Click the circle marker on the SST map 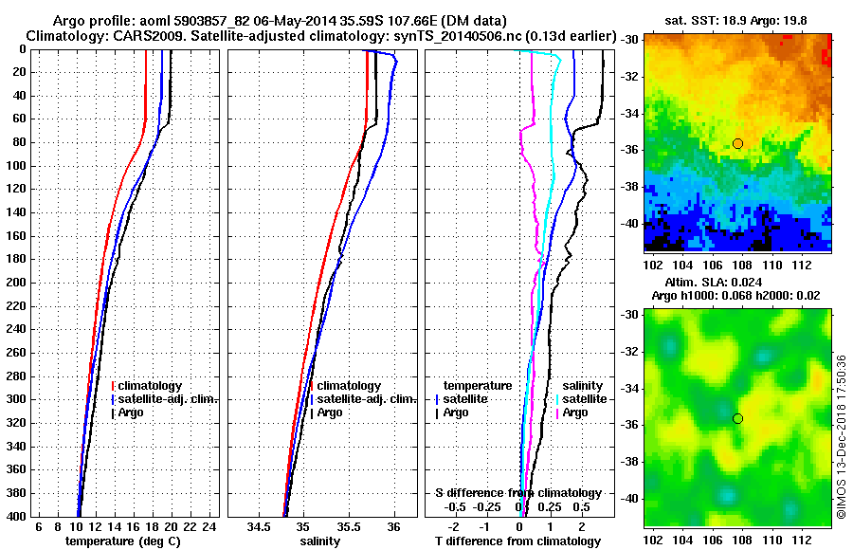point(737,143)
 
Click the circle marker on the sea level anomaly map point(737,418)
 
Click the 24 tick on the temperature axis point(210,526)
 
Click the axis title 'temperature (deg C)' point(122,541)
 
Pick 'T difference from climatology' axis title point(517,541)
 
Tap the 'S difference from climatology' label point(517,493)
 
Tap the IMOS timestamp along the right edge point(842,436)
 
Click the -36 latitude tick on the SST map point(630,149)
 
